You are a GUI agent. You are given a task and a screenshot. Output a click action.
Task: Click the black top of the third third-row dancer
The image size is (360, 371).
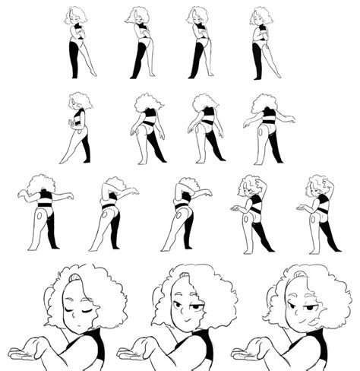182,205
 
